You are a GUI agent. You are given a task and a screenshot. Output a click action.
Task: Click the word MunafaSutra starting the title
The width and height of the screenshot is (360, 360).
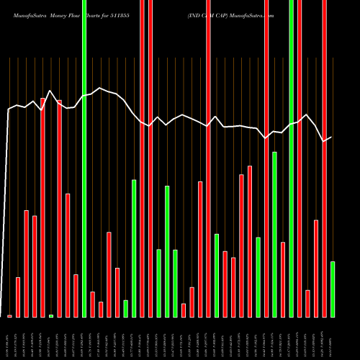25,14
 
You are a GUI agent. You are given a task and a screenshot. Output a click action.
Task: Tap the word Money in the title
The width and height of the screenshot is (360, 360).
58,14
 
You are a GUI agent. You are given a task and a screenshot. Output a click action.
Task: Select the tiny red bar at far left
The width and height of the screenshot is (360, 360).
9,316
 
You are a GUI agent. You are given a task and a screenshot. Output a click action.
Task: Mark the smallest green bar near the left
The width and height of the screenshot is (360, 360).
51,316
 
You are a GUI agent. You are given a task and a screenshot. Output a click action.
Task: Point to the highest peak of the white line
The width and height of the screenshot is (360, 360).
50,91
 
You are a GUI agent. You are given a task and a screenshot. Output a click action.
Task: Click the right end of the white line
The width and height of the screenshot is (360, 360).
331,137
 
